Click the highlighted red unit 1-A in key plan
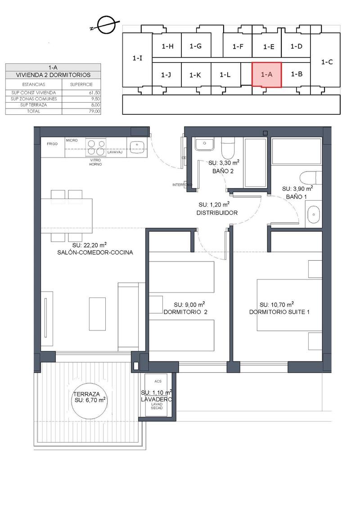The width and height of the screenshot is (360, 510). [x=266, y=75]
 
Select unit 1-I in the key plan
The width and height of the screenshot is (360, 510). [x=138, y=59]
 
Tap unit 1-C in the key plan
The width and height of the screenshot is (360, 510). [x=327, y=63]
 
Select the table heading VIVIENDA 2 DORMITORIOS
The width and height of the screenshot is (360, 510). [x=53, y=75]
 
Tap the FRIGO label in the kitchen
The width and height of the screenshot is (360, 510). [x=53, y=144]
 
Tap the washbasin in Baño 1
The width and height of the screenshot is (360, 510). [x=313, y=215]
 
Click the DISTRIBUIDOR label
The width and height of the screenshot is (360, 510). [x=217, y=213]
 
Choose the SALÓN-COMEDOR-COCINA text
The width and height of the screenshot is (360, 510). [x=95, y=253]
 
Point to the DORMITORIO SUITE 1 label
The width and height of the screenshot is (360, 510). [x=279, y=312]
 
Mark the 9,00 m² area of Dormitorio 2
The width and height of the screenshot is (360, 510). [x=189, y=304]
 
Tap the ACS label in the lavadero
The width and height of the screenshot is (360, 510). [x=157, y=381]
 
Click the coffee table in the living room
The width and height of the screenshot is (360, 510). [x=97, y=313]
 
